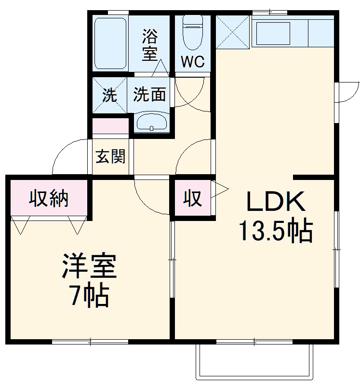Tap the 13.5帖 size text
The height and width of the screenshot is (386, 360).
275,232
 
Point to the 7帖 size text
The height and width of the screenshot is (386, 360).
89,296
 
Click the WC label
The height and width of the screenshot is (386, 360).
193,61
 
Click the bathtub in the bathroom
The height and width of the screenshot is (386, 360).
110,43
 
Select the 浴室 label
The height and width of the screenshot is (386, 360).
150,44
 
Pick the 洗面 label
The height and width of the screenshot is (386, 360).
150,95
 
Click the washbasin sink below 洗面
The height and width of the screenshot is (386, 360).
151,123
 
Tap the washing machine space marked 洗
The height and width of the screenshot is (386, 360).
110,95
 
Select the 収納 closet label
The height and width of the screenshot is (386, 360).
48,197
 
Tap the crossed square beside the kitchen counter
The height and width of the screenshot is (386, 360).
233,32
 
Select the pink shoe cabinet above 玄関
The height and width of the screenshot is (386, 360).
110,126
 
